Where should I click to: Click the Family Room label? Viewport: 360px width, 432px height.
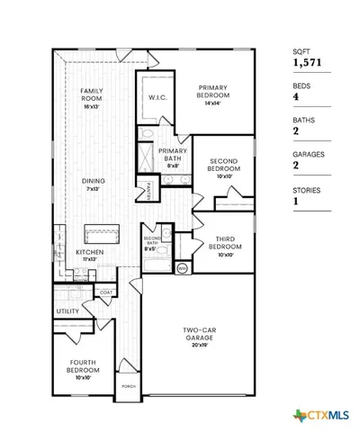pos(91,95)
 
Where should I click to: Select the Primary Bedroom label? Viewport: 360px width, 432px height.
pos(215,92)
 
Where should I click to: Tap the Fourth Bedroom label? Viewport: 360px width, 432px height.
pos(82,369)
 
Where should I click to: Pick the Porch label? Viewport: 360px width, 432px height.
pos(129,387)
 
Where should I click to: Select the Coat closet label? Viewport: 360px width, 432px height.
pos(106,292)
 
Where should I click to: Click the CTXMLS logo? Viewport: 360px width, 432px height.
pos(308,416)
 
